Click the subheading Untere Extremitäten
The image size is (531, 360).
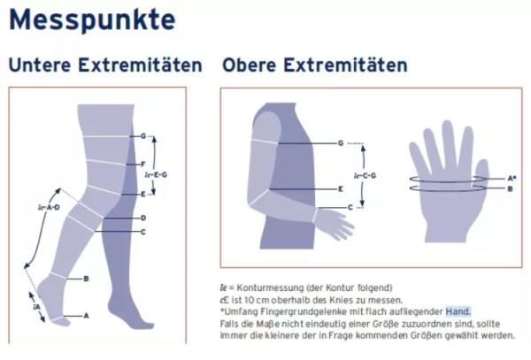[104, 65]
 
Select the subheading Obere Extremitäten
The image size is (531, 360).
[315, 65]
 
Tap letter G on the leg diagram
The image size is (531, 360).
[142, 136]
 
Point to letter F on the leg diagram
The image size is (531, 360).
[142, 165]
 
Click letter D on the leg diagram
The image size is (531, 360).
[143, 218]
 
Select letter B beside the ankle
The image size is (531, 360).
[86, 279]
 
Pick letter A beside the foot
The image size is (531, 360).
[86, 315]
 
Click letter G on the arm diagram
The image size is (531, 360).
[341, 142]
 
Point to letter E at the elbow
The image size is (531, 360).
[341, 189]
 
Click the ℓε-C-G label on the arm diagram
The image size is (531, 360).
[366, 175]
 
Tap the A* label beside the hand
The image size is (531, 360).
[511, 179]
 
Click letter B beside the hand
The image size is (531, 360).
[509, 188]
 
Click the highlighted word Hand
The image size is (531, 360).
[458, 310]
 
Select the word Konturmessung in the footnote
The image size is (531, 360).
[265, 288]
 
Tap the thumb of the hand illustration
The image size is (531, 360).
[479, 165]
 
